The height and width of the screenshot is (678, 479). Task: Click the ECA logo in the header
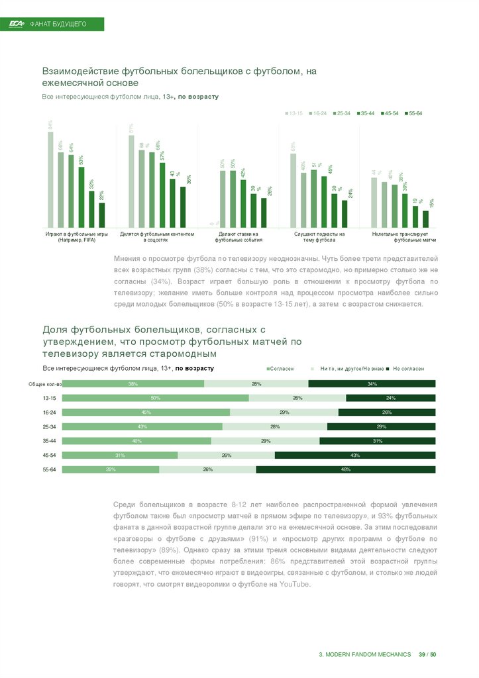click(x=17, y=24)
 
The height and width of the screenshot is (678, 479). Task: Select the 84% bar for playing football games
click(x=50, y=179)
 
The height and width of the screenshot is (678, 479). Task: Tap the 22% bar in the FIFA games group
click(x=102, y=214)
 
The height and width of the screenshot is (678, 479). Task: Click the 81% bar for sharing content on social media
click(x=131, y=181)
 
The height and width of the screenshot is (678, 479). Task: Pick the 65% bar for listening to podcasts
click(x=293, y=190)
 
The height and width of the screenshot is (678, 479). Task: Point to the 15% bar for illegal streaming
click(x=425, y=218)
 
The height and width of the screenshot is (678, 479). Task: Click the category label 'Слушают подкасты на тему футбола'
click(x=319, y=237)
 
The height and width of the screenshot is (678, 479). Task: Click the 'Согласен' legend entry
click(x=280, y=368)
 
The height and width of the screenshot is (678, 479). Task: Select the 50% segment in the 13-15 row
click(x=156, y=398)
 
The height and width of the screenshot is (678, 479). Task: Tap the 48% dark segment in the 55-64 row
click(x=346, y=469)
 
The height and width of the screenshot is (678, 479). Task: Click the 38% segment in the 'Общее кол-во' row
click(x=133, y=383)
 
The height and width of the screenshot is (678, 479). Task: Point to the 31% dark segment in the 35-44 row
click(x=378, y=441)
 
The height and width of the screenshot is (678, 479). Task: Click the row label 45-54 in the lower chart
click(x=50, y=455)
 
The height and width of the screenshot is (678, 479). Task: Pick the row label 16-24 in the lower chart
click(x=50, y=412)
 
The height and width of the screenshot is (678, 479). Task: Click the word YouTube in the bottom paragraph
click(x=295, y=585)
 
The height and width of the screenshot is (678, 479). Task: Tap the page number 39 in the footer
click(x=422, y=655)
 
